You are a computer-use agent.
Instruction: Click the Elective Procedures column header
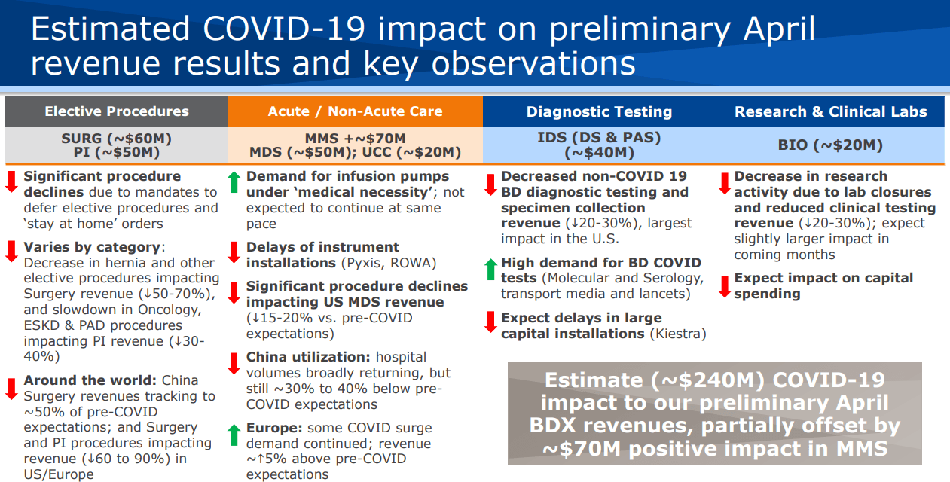point(117,111)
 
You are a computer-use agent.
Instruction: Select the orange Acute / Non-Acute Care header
point(355,111)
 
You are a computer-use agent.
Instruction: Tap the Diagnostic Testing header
point(599,111)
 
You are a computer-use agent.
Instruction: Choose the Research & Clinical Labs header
point(830,111)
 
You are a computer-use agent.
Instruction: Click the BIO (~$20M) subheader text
point(830,145)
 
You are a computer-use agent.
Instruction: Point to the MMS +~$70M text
point(355,139)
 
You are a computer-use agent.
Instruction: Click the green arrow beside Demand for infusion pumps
point(234,182)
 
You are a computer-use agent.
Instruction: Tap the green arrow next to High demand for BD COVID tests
point(490,268)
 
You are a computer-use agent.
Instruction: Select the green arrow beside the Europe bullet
point(234,433)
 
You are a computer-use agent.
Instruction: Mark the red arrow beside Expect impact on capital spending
point(723,285)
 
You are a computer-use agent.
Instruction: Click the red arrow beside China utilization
point(234,362)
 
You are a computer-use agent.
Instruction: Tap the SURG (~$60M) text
point(117,139)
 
